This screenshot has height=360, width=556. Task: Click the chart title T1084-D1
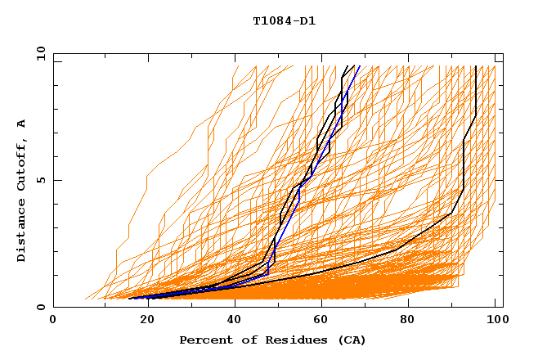[284, 21]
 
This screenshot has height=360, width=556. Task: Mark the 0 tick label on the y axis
[41, 307]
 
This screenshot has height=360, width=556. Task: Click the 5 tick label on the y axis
[41, 180]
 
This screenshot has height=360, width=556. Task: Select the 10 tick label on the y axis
[38, 53]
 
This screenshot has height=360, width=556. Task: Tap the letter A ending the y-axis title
[21, 123]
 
